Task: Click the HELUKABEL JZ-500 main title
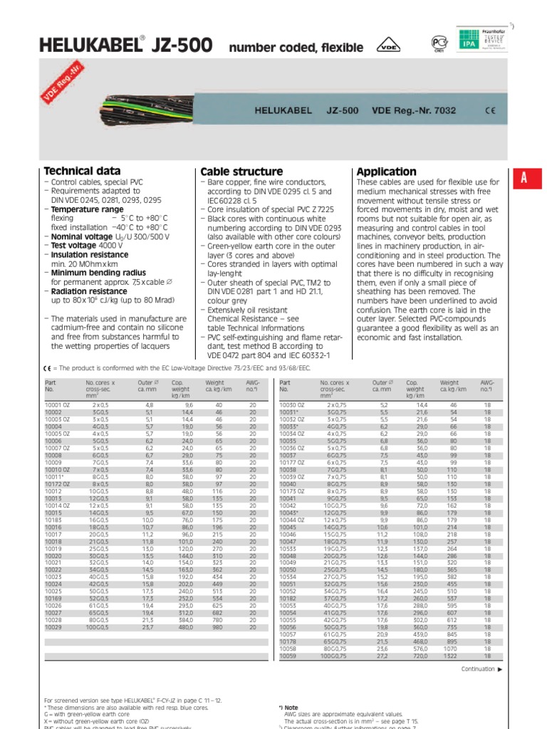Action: point(128,46)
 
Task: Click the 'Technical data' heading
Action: point(83,171)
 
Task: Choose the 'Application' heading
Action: point(386,172)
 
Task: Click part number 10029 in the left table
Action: point(53,628)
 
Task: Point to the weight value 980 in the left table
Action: point(217,628)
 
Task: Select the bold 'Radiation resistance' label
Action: point(88,291)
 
